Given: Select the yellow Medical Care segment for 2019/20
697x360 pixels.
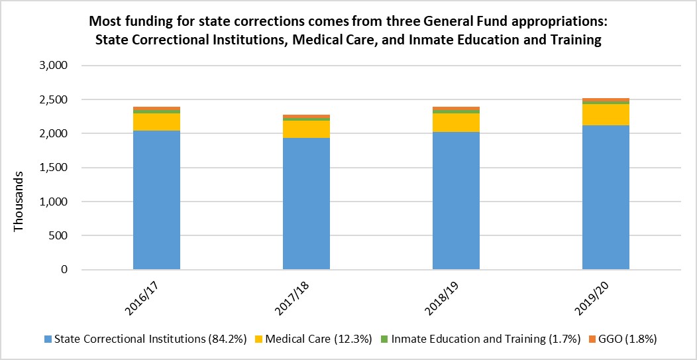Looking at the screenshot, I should pos(606,115).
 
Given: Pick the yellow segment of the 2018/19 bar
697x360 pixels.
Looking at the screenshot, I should pos(456,123).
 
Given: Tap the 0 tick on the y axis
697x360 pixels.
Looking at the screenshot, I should pos(64,270).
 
